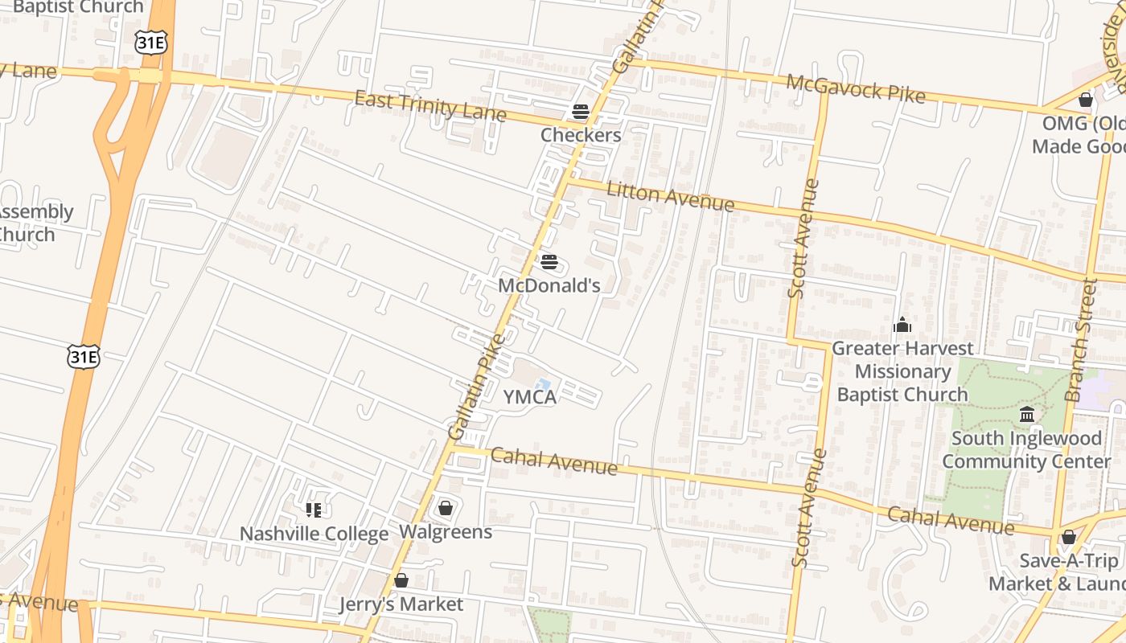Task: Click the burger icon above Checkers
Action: [581, 112]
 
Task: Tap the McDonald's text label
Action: [549, 285]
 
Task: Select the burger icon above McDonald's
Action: [549, 262]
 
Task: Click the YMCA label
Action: [530, 396]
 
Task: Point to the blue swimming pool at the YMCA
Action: [544, 386]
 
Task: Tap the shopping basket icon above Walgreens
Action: [445, 508]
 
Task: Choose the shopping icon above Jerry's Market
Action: [401, 580]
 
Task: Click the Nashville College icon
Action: [314, 510]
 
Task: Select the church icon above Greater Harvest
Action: [902, 325]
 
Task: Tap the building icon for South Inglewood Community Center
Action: [1027, 415]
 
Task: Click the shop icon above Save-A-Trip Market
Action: [1069, 537]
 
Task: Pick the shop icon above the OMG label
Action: [1086, 100]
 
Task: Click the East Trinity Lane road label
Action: [430, 107]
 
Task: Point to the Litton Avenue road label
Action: [670, 197]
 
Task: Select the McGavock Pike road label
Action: [855, 88]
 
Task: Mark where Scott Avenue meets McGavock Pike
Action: [823, 92]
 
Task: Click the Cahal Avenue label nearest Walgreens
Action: [554, 461]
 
